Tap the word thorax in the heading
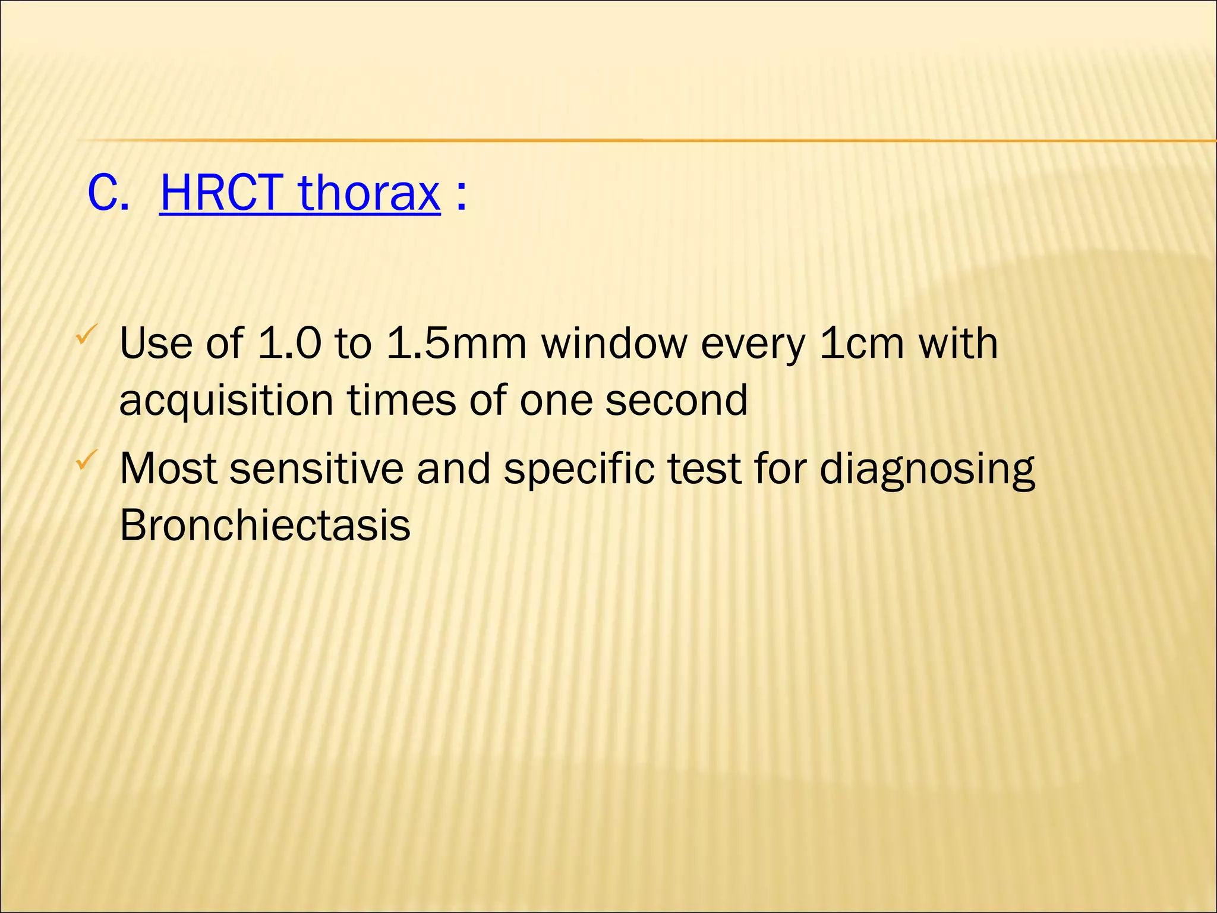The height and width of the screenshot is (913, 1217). click(x=369, y=193)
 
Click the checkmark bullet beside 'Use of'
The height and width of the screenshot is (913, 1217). click(x=83, y=336)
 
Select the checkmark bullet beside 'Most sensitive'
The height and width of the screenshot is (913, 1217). click(x=83, y=460)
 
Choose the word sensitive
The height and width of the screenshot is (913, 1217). click(x=316, y=468)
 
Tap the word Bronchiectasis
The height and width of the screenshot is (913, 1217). click(x=265, y=525)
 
